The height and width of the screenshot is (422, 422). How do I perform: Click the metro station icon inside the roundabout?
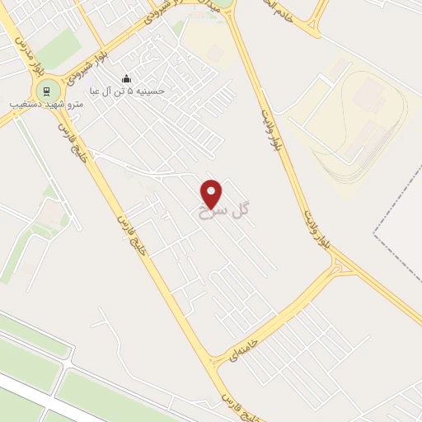[46, 90]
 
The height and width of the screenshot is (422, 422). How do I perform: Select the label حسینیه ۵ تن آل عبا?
[128, 91]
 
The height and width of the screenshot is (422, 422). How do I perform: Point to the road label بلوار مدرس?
[26, 54]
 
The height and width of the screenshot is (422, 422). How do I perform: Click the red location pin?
[212, 194]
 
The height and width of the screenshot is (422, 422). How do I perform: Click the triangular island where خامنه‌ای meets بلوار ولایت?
[339, 265]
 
